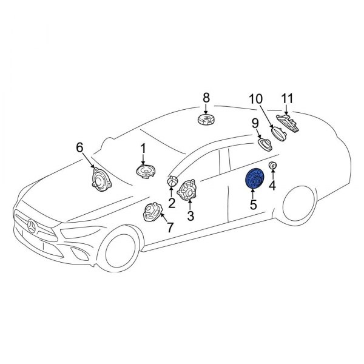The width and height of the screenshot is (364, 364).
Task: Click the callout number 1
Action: (143, 148)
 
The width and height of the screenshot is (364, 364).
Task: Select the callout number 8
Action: (206, 97)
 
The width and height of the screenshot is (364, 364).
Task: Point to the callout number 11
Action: (286, 98)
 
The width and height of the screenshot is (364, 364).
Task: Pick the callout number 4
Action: (272, 185)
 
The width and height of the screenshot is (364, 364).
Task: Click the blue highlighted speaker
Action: (253, 180)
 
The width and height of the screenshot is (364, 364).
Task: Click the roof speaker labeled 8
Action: (206, 120)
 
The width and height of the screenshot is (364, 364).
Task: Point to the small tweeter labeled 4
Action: (273, 166)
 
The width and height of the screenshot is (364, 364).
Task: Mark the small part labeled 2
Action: (173, 181)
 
